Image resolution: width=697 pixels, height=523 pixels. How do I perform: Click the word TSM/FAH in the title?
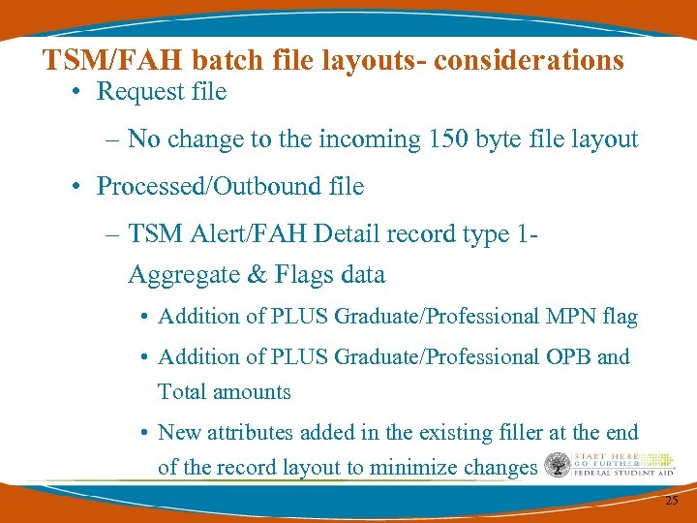coord(113,60)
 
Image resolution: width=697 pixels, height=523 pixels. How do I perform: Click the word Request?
coord(141,92)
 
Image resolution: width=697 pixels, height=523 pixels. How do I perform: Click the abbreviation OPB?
coord(568,357)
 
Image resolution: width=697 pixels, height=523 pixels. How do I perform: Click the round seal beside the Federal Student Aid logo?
coord(558,466)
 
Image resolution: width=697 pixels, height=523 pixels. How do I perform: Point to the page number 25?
coord(671,501)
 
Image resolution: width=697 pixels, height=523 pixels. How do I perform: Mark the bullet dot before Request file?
coord(76,93)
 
